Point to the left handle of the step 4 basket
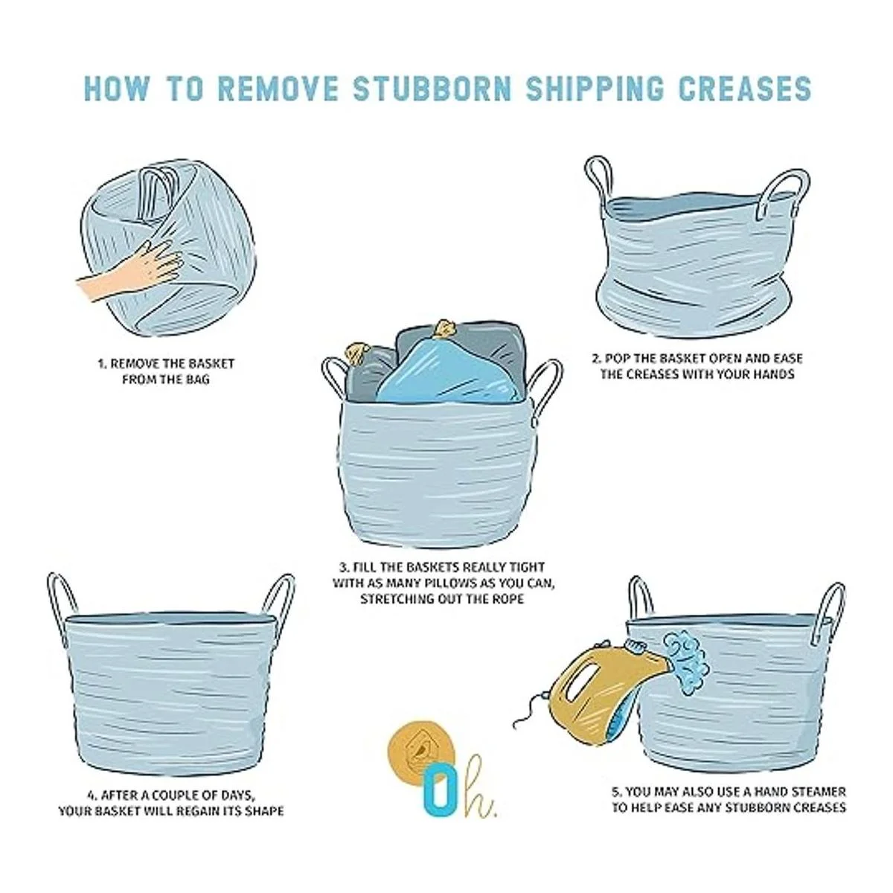(x=63, y=603)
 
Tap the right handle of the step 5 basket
(x=828, y=612)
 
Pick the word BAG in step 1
(x=198, y=380)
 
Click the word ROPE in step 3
(x=509, y=599)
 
